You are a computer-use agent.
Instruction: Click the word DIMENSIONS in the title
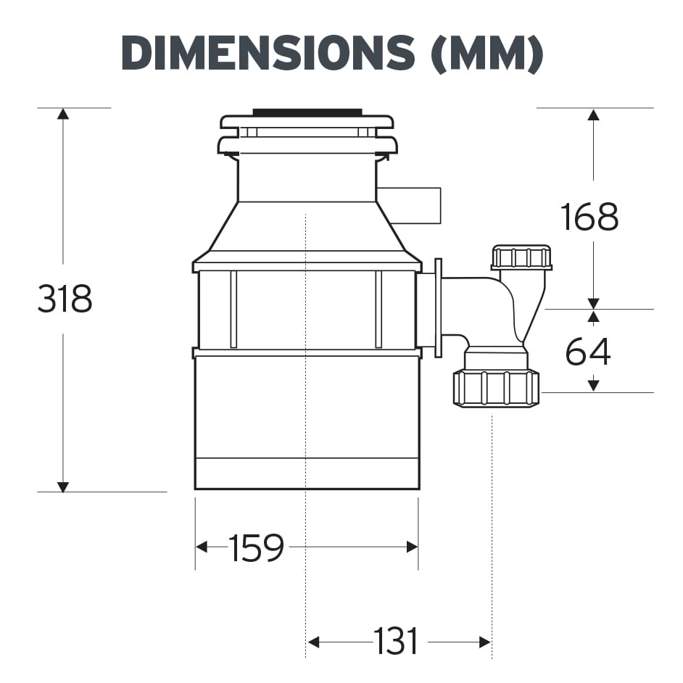click(269, 54)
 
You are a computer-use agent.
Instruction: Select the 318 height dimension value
click(65, 299)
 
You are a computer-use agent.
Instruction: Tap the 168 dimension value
click(589, 217)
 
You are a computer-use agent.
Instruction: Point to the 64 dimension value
click(588, 352)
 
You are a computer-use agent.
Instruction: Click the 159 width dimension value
click(255, 548)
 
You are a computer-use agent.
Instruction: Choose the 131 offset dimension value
click(396, 642)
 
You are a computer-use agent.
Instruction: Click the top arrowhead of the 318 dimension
click(63, 114)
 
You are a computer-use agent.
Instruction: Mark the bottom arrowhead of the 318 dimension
click(63, 487)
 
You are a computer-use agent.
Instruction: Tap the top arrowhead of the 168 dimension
click(593, 114)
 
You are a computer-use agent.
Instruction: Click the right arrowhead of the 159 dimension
click(413, 547)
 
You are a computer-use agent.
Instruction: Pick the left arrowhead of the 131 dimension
click(314, 642)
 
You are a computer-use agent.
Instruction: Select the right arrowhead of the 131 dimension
click(486, 642)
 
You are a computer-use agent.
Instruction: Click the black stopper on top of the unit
click(307, 112)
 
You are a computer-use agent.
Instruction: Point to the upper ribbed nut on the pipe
click(521, 257)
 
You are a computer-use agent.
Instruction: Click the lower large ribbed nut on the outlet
click(496, 387)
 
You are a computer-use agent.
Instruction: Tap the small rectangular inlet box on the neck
click(409, 204)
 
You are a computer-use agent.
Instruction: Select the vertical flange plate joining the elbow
click(438, 307)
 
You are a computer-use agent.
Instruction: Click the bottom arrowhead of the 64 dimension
click(593, 386)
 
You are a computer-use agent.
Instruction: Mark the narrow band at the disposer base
click(307, 473)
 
